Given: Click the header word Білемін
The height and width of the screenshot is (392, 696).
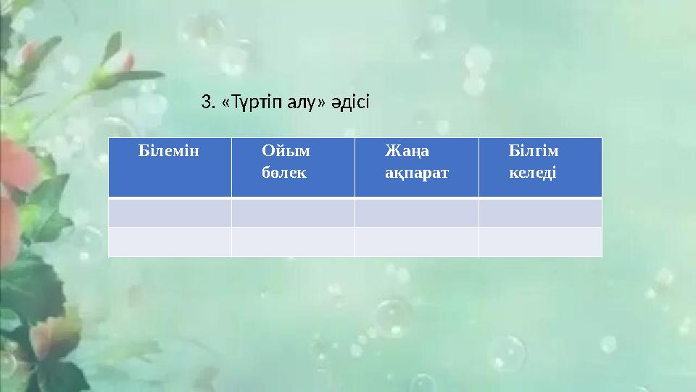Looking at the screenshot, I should pos(168,152).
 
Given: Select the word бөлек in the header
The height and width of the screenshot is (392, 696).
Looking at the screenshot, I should pos(283,174).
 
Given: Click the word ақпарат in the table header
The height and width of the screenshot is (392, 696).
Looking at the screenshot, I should pos(417,174).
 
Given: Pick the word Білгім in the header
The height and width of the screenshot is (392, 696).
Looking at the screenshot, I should pos(534,152).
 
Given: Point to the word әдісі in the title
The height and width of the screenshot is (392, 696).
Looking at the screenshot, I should pos(349,103).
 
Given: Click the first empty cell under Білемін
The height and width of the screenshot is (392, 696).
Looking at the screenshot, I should pos(170,213).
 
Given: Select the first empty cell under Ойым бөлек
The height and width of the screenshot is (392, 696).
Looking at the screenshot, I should pos(293,213).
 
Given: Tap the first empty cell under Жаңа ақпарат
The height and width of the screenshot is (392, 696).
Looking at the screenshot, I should pos(416,213).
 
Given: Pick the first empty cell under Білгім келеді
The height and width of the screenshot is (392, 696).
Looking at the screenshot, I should pos(540,213).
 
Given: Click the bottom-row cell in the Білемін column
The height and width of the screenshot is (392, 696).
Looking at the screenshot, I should pos(170,242).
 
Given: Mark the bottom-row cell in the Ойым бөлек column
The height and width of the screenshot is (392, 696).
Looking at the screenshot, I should pos(293,242).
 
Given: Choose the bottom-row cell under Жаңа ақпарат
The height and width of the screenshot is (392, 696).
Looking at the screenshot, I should pos(416,242).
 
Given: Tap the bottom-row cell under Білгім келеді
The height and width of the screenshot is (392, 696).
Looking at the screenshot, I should pos(540,242).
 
